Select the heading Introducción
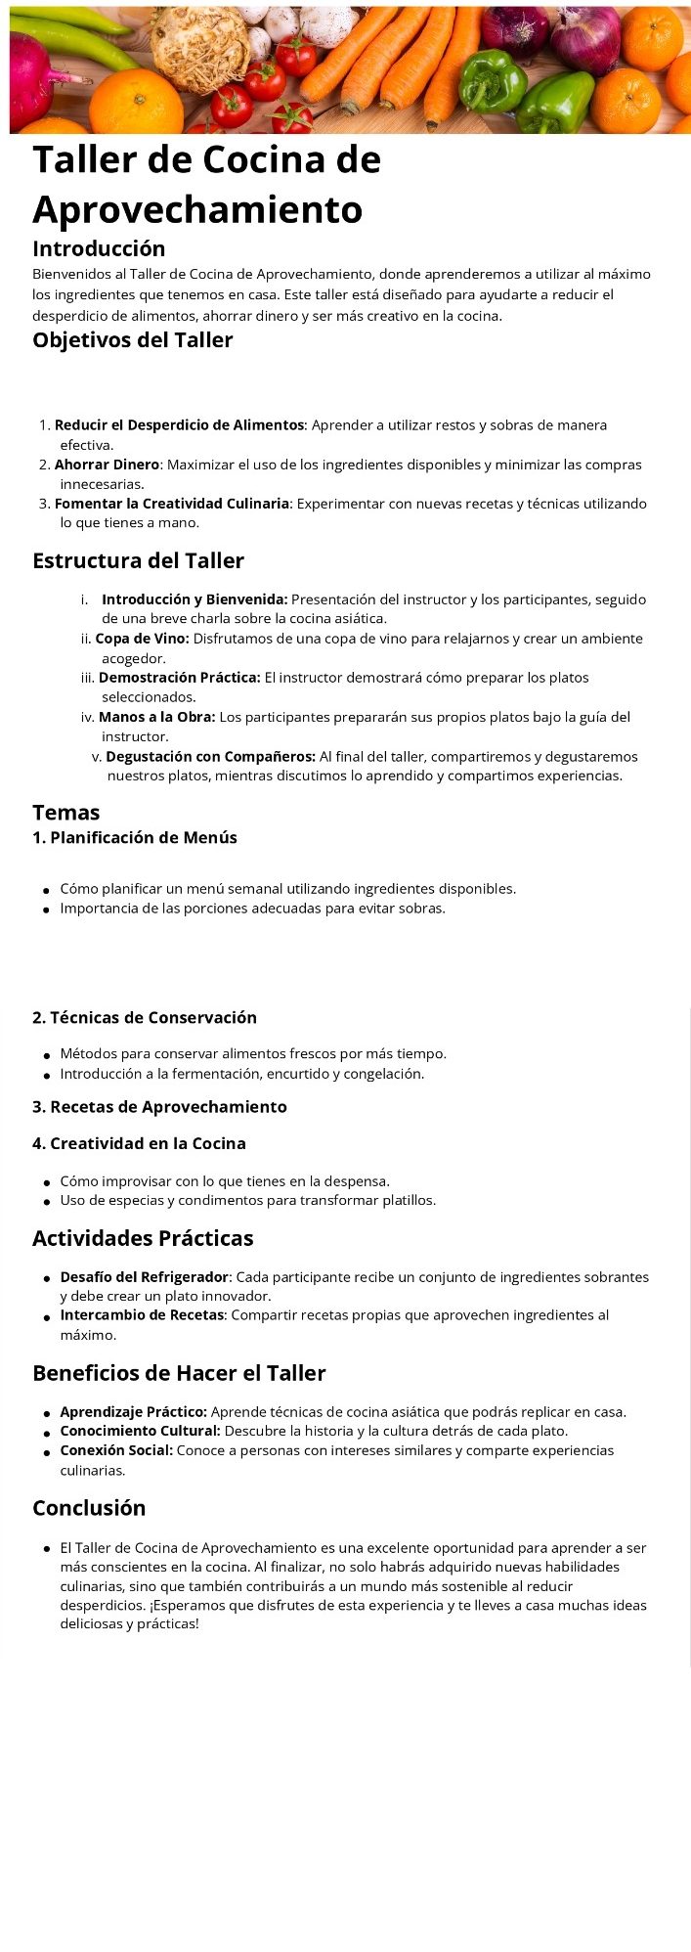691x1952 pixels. pyautogui.click(x=99, y=248)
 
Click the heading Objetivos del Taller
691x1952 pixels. pyautogui.click(x=133, y=340)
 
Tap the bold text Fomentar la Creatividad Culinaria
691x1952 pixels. pyautogui.click(x=172, y=504)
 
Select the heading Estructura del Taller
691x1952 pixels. pyautogui.click(x=138, y=560)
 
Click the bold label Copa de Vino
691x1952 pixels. pyautogui.click(x=142, y=639)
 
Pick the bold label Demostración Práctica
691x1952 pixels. pyautogui.click(x=180, y=678)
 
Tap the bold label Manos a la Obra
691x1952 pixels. pyautogui.click(x=156, y=717)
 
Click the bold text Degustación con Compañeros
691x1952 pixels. pyautogui.click(x=210, y=756)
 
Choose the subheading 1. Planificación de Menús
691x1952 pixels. pyautogui.click(x=135, y=837)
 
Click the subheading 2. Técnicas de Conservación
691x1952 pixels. pyautogui.click(x=145, y=1017)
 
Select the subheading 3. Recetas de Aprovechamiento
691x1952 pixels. pyautogui.click(x=159, y=1107)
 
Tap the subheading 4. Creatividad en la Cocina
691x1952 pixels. pyautogui.click(x=139, y=1143)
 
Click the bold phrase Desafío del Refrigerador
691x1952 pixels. pyautogui.click(x=145, y=1276)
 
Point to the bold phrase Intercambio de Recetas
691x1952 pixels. pyautogui.click(x=142, y=1315)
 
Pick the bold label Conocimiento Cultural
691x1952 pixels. pyautogui.click(x=140, y=1431)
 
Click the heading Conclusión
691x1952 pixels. pyautogui.click(x=89, y=1508)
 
